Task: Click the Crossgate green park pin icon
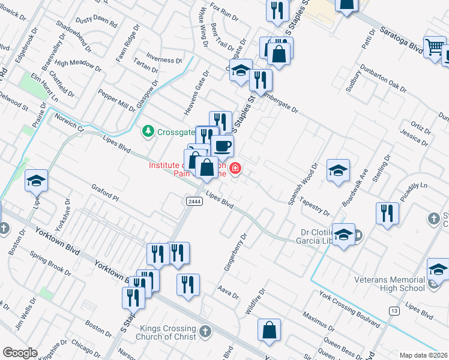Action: (x=148, y=130)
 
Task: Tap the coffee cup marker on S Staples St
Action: (x=222, y=145)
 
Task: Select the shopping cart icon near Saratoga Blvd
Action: (x=434, y=46)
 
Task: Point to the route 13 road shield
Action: (x=394, y=310)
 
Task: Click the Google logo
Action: (x=20, y=353)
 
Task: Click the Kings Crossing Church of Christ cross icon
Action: (x=205, y=331)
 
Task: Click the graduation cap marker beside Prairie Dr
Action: (x=36, y=180)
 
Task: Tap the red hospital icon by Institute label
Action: (x=235, y=168)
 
